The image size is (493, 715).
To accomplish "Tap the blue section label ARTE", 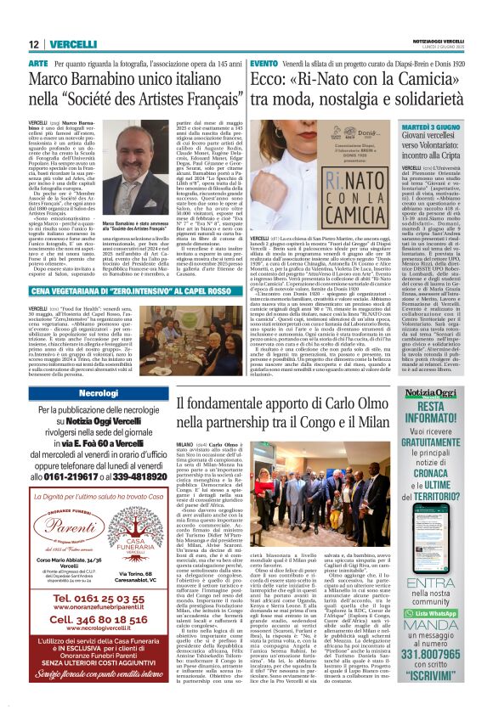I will [x=38, y=64].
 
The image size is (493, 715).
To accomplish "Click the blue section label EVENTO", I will [x=263, y=64].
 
